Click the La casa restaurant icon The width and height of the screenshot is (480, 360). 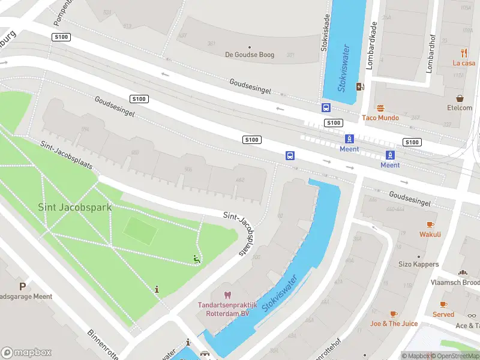464,52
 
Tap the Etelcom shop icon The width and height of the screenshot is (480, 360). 460,98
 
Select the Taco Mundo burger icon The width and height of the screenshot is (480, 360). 380,108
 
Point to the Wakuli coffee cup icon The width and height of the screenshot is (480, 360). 430,224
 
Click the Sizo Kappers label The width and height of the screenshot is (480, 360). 418,264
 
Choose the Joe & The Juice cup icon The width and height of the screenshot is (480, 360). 394,314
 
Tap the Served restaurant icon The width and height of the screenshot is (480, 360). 443,305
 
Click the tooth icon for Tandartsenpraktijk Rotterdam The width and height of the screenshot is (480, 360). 227,295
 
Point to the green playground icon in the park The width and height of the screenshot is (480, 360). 196,259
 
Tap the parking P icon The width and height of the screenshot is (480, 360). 22,287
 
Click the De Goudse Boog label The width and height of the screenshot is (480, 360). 250,55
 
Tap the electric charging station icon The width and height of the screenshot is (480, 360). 359,86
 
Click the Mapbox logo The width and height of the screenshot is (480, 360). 26,353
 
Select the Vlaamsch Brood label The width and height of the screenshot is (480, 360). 455,282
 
